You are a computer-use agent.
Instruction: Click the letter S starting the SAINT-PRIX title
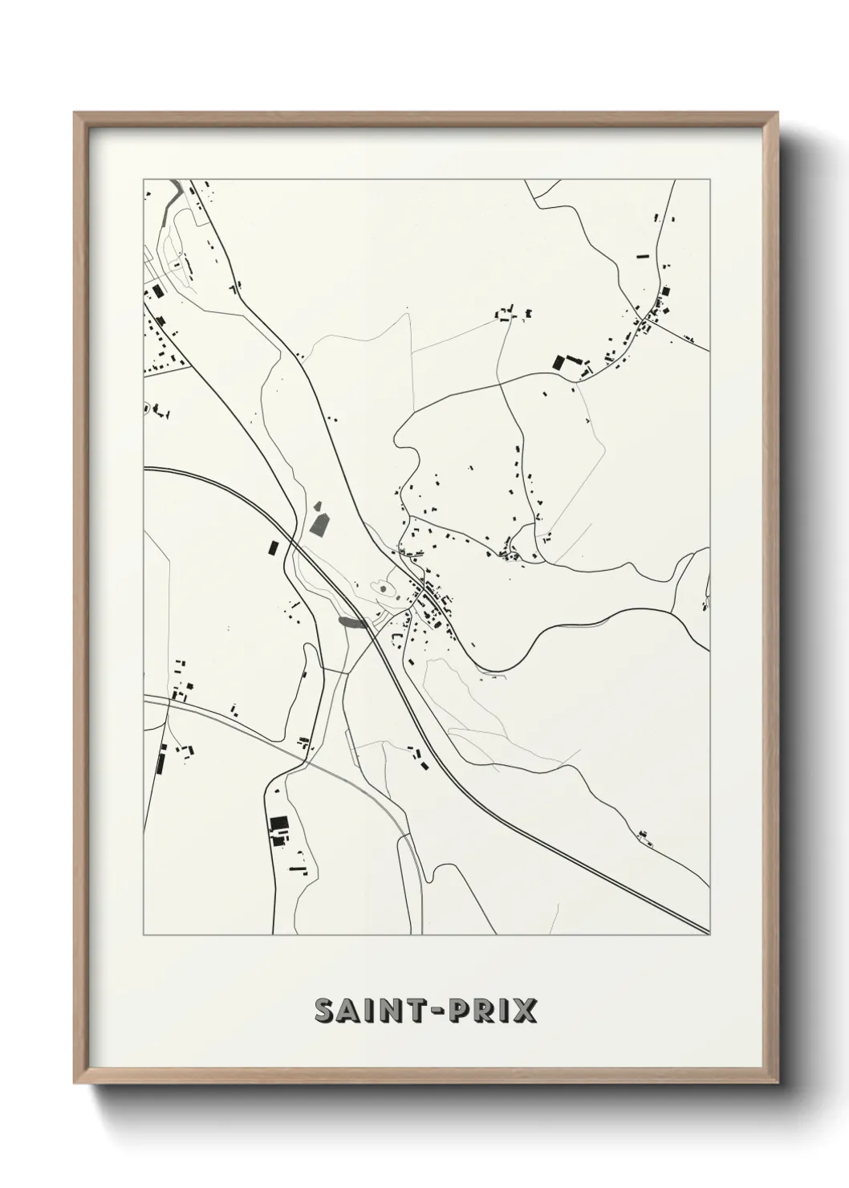point(326,1011)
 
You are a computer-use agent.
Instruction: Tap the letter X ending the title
point(525,1011)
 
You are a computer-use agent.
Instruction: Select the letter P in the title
point(459,1011)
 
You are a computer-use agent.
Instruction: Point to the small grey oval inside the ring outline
point(383,589)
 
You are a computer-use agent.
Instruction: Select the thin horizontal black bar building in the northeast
point(641,256)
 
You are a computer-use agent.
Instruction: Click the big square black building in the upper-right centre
point(559,362)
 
